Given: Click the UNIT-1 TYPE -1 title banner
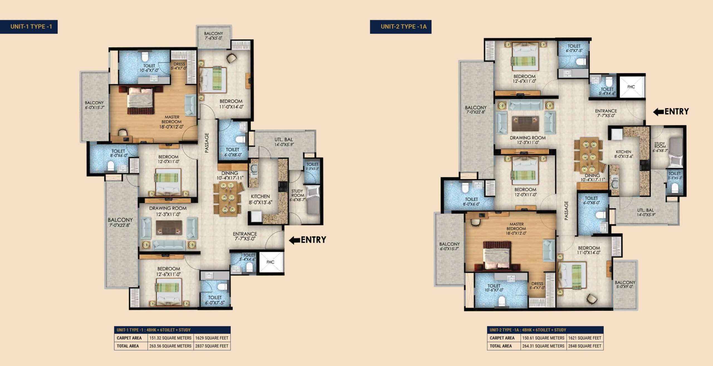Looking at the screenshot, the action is (29, 27).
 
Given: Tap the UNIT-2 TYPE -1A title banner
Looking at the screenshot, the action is (401, 27).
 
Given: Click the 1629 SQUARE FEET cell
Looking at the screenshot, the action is (212, 338).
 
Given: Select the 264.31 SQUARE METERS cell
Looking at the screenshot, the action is (543, 346).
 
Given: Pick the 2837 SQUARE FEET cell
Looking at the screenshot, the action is (212, 346).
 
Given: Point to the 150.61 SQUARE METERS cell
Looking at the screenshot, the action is (543, 338).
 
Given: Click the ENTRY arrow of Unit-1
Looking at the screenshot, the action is (294, 240).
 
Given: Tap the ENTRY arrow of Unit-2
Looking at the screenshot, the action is (659, 112).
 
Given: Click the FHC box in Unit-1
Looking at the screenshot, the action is (270, 262).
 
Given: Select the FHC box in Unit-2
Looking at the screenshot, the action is (631, 87).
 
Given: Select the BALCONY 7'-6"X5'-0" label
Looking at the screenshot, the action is (214, 36).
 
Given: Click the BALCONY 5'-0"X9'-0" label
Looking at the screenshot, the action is (625, 284).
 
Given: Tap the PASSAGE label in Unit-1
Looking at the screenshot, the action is (207, 143).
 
